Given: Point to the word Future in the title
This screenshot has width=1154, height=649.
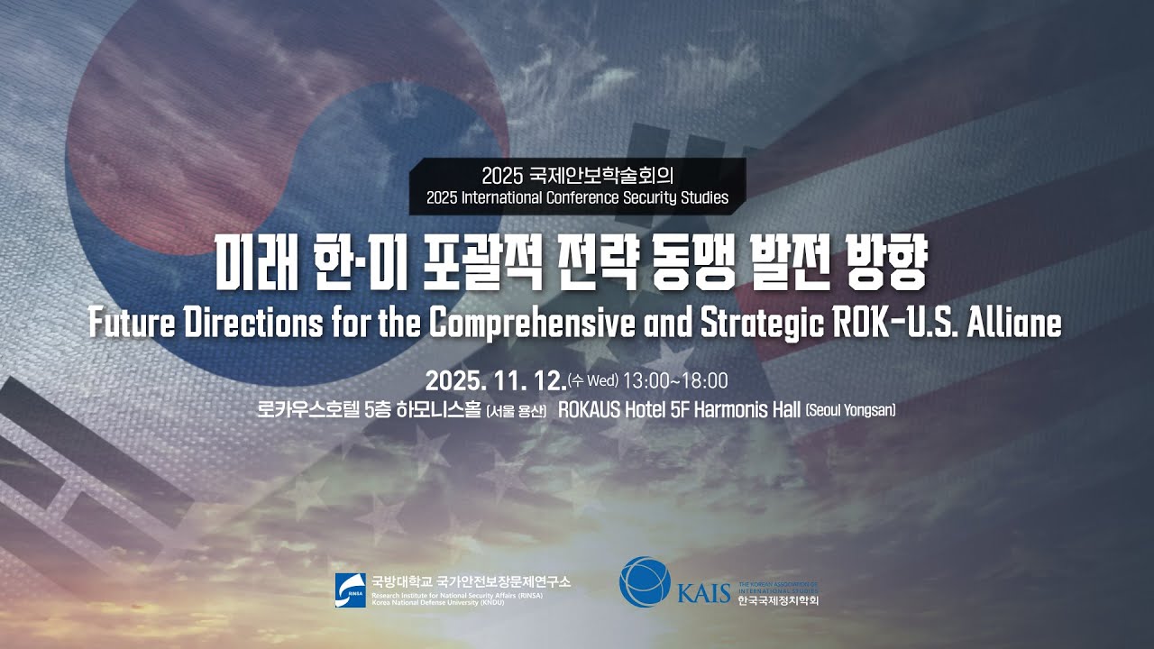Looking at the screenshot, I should point(133,323).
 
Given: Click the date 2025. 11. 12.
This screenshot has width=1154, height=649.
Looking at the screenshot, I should point(495,379).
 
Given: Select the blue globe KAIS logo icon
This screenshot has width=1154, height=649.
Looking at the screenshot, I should point(644,581).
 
